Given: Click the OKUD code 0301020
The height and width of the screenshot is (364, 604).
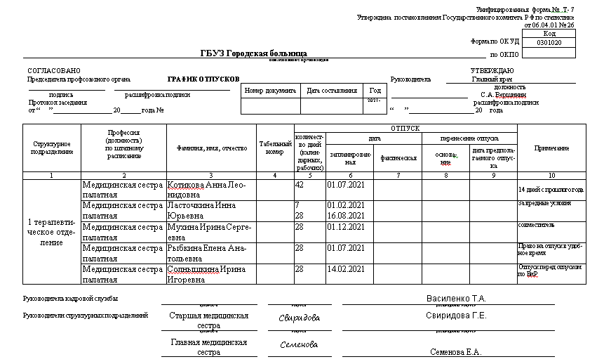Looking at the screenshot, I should tap(549, 42).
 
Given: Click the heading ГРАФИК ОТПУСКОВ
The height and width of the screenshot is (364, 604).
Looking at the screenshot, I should tap(203, 79).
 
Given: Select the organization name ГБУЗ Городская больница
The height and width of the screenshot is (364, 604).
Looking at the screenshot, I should tap(253, 53).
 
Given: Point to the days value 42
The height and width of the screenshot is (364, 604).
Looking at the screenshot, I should tap(300, 185).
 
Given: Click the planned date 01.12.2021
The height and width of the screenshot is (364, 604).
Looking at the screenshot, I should tap(346, 226).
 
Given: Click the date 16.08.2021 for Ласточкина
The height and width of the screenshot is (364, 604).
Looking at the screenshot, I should tap(346, 216).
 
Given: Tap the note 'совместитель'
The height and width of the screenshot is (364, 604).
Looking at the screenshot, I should tap(537, 226).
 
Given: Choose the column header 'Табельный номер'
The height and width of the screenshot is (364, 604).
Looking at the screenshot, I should tap(275, 148).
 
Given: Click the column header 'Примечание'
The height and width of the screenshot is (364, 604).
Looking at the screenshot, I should tap(551, 148).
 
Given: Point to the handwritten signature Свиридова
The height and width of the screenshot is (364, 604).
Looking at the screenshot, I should tap(300, 318).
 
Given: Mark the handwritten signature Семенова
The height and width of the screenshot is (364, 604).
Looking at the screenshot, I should tap(299, 344).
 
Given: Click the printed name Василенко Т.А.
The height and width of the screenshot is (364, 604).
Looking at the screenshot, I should tap(456, 299).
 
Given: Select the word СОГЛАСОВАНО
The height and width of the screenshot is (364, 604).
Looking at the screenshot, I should tap(54, 71).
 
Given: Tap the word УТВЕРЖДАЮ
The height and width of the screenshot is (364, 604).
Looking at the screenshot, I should tap(492, 71).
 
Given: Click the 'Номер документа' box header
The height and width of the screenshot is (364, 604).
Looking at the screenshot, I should tap(271, 91).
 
